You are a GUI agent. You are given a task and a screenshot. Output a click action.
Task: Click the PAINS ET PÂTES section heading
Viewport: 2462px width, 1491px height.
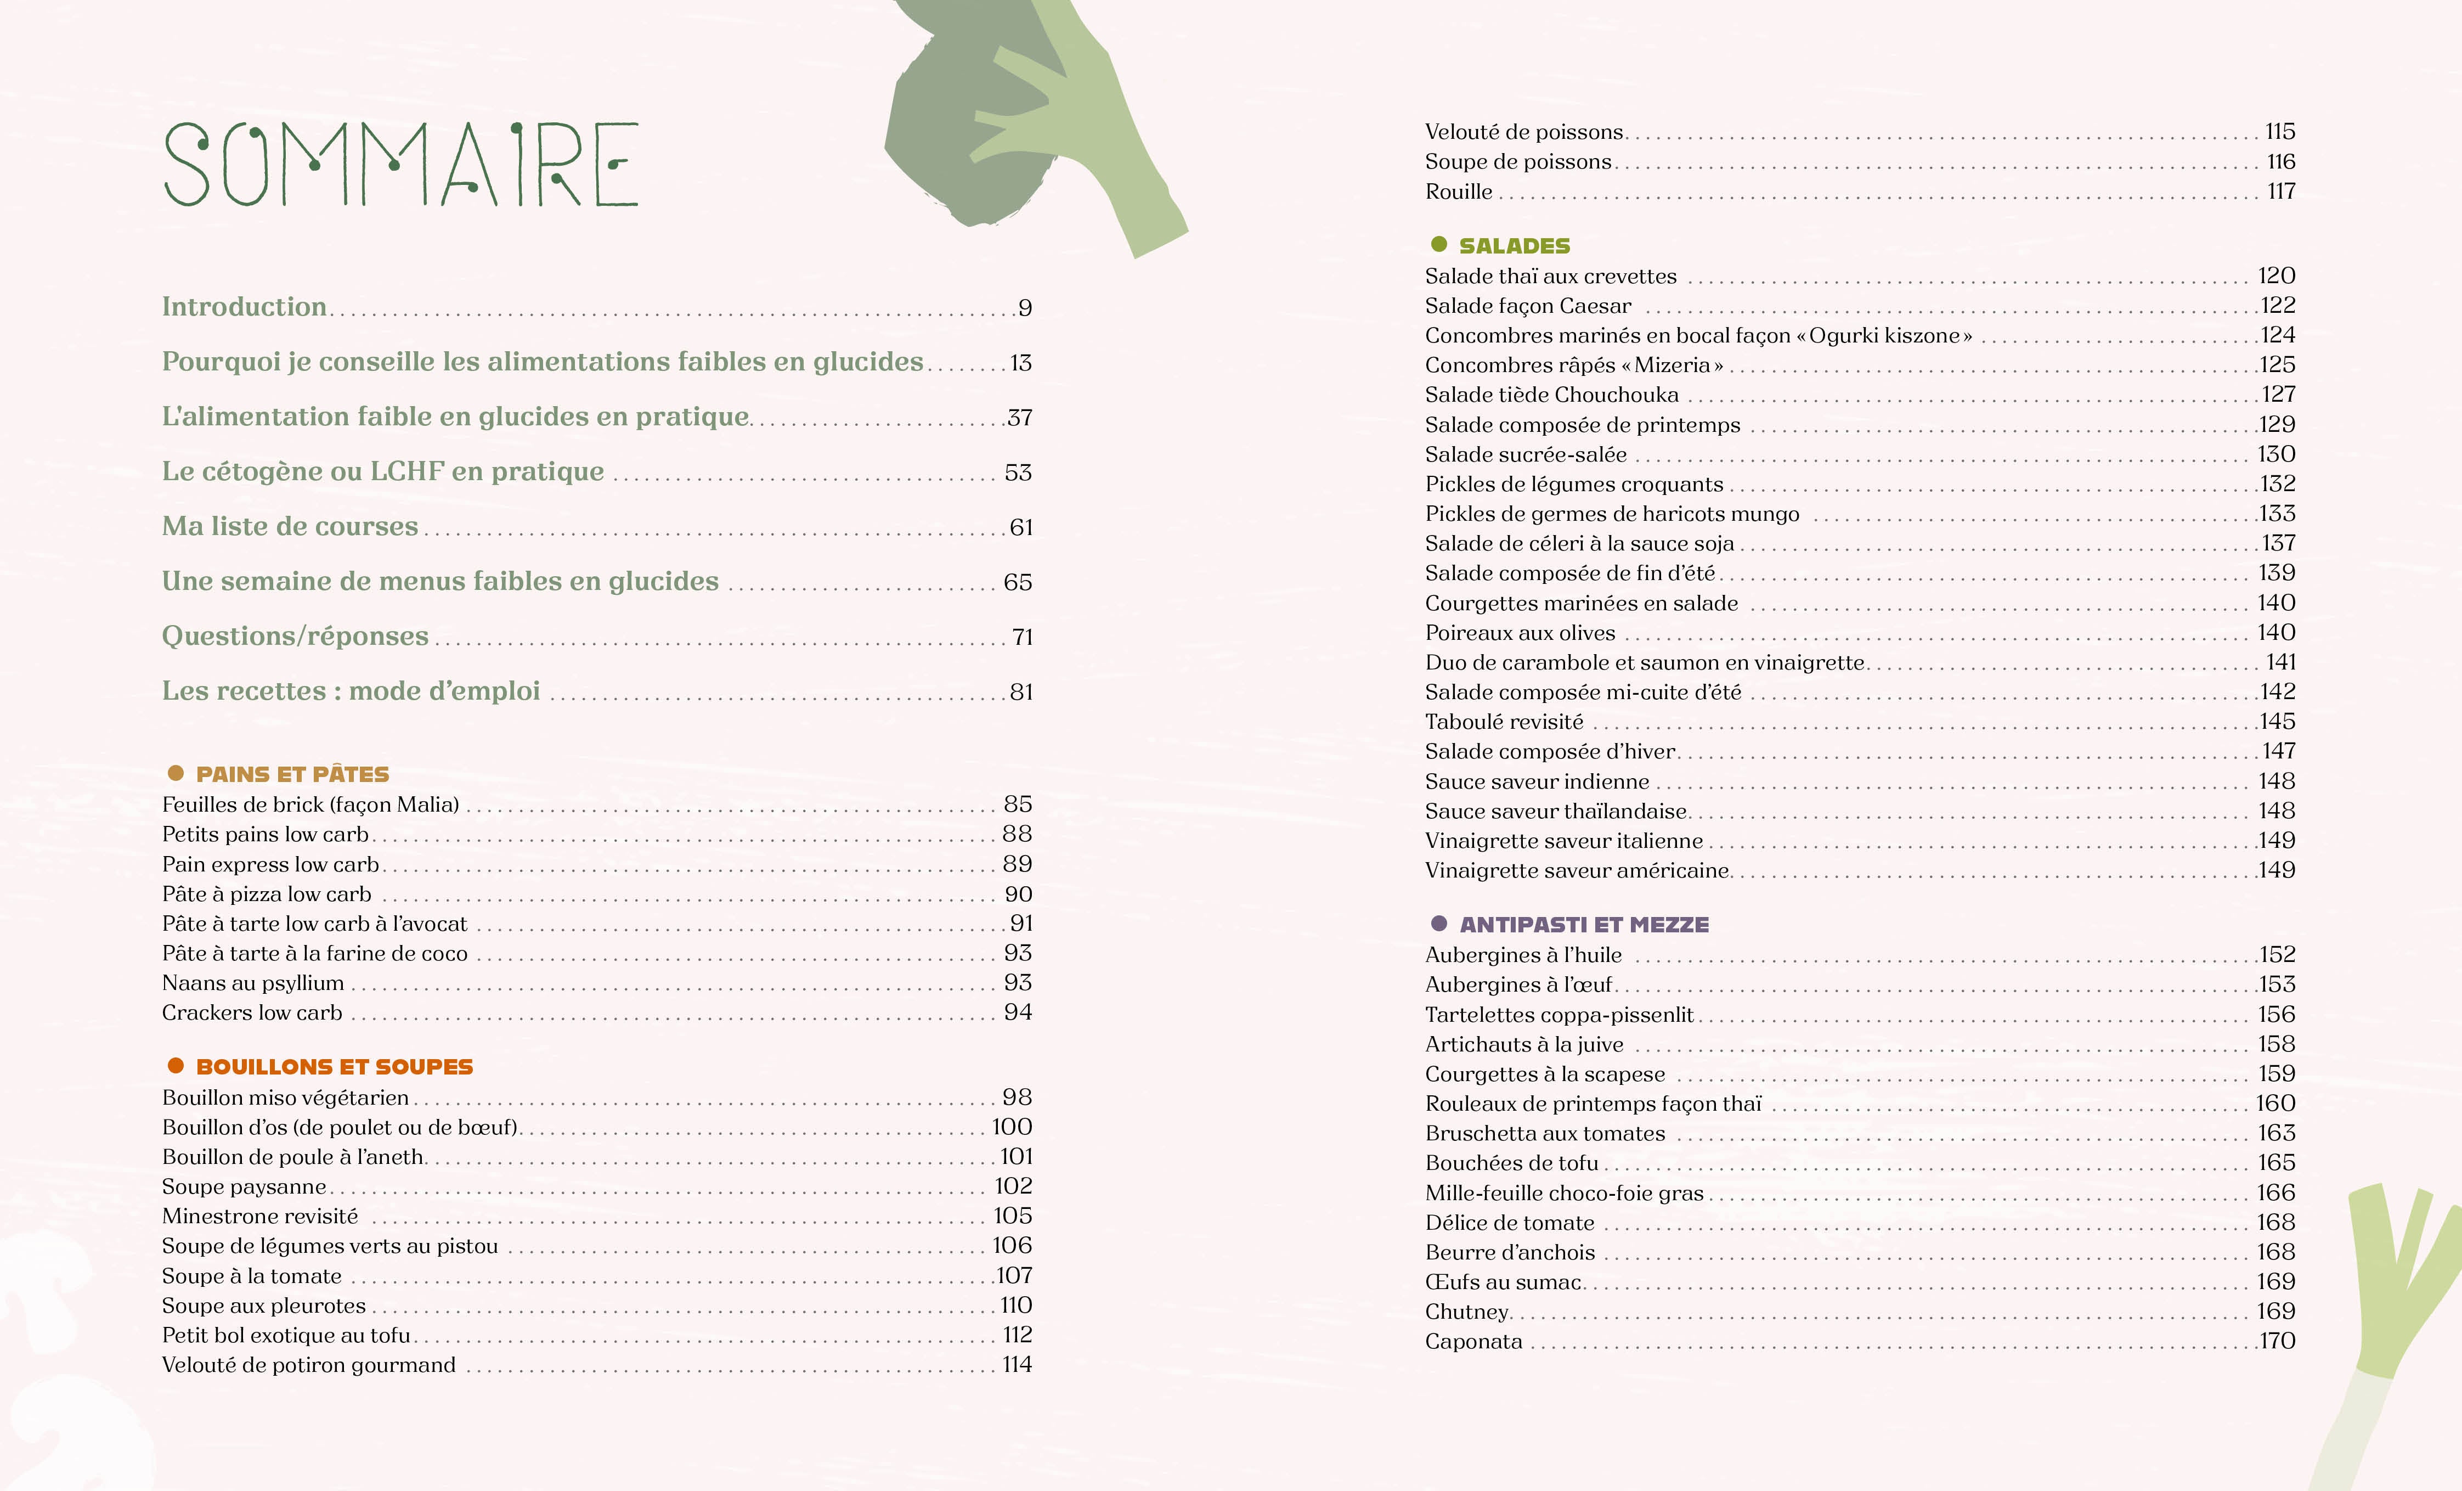pyautogui.click(x=292, y=774)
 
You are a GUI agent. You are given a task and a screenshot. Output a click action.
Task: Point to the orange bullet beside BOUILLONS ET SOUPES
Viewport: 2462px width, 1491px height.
pyautogui.click(x=176, y=1066)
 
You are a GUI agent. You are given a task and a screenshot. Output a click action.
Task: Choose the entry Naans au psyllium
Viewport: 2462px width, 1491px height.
pyautogui.click(x=253, y=983)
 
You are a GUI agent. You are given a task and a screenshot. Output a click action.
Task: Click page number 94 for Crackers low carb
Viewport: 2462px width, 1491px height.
pyautogui.click(x=1017, y=1012)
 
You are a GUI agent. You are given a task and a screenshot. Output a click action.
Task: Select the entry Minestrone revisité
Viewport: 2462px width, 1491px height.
pyautogui.click(x=260, y=1216)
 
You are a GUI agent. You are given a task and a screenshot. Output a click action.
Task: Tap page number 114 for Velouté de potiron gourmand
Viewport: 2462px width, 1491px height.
pyautogui.click(x=1016, y=1365)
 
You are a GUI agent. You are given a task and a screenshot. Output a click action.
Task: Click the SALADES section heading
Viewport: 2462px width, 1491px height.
pyautogui.click(x=1514, y=246)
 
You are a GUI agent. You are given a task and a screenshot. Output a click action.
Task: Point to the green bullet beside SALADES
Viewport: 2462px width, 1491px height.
pyautogui.click(x=1439, y=245)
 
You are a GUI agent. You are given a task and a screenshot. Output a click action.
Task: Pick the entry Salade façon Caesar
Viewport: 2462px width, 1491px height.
pyautogui.click(x=1528, y=306)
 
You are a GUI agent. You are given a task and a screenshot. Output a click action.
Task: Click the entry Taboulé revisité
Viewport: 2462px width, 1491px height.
pyautogui.click(x=1504, y=722)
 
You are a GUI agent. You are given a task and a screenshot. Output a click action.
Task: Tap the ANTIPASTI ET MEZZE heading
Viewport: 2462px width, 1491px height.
pyautogui.click(x=1584, y=924)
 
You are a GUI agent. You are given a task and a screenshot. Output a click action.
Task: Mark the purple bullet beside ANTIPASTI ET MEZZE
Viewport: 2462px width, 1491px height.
pyautogui.click(x=1439, y=924)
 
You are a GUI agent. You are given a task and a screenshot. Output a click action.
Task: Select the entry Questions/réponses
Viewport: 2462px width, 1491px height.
pyautogui.click(x=295, y=637)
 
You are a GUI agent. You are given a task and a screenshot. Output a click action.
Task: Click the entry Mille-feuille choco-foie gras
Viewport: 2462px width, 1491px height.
pyautogui.click(x=1564, y=1193)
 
